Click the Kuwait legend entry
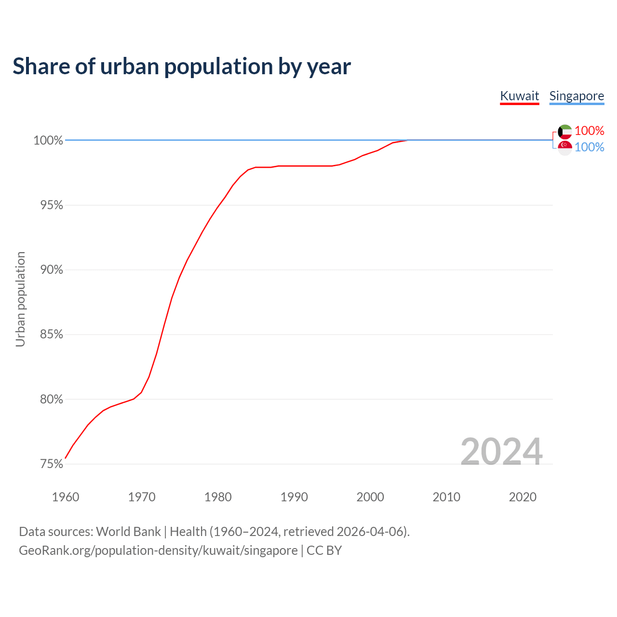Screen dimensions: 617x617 coord(519,96)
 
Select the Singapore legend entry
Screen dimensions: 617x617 coord(577,96)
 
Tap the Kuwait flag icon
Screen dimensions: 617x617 coord(565,131)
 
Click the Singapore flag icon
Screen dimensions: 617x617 coord(565,148)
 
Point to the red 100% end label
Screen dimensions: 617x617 coord(589,131)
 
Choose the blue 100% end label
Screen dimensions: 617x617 coord(589,147)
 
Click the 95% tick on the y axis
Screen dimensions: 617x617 coord(52,205)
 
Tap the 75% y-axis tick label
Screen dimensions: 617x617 coord(52,464)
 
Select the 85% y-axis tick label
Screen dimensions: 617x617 coord(52,335)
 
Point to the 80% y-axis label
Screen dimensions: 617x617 coord(52,399)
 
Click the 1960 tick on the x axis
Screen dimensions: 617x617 coord(66,497)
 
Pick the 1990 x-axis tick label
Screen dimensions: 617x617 coord(294,497)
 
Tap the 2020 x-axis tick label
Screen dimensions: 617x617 coord(523,497)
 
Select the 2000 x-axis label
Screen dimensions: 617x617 coord(370,497)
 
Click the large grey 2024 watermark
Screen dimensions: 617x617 coord(501,452)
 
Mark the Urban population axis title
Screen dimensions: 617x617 coord(20,299)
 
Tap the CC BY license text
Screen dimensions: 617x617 coord(324,550)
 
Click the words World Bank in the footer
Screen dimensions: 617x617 coord(128,532)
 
